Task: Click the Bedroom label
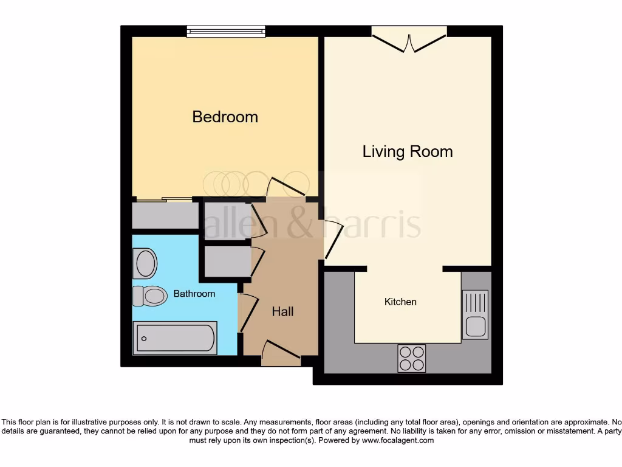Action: click(x=225, y=117)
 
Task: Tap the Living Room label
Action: click(x=408, y=151)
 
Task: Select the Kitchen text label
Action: click(x=400, y=302)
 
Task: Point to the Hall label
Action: click(x=282, y=312)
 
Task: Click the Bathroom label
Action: click(x=194, y=294)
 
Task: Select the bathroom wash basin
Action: click(x=145, y=263)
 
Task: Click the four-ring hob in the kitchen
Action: click(x=411, y=358)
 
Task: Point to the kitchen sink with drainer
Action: click(x=475, y=314)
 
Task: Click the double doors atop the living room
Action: click(x=409, y=40)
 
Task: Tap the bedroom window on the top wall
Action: click(x=226, y=31)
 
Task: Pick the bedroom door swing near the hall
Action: click(x=285, y=187)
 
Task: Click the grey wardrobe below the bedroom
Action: click(x=165, y=215)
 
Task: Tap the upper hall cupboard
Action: click(x=224, y=219)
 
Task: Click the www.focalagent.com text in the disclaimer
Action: click(x=397, y=440)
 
